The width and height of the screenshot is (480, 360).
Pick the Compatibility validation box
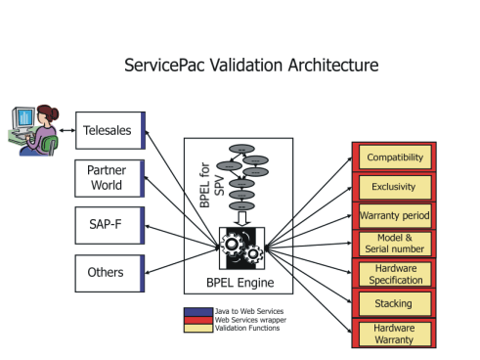tap(394, 157)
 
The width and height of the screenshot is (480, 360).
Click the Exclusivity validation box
tap(394, 186)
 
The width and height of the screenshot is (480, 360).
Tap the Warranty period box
tap(394, 214)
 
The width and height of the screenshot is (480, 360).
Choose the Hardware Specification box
tap(394, 273)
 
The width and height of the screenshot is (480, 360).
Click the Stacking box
tap(394, 303)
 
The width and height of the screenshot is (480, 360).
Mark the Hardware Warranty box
tap(394, 334)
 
